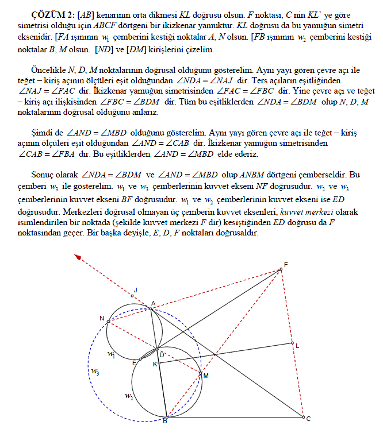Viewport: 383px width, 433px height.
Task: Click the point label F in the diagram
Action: pos(285,265)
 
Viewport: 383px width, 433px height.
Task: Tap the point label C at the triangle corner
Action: pos(309,419)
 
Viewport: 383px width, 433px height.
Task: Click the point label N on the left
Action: pos(102,318)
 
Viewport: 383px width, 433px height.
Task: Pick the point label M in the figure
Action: pos(205,375)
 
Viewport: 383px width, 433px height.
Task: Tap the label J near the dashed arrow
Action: pos(136,290)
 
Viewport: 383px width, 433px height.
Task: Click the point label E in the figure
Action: pos(134,362)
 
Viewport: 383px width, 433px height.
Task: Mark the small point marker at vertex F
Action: pos(281,269)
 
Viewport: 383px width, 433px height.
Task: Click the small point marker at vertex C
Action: pos(302,417)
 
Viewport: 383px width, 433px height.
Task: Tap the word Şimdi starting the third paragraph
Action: pos(42,132)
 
